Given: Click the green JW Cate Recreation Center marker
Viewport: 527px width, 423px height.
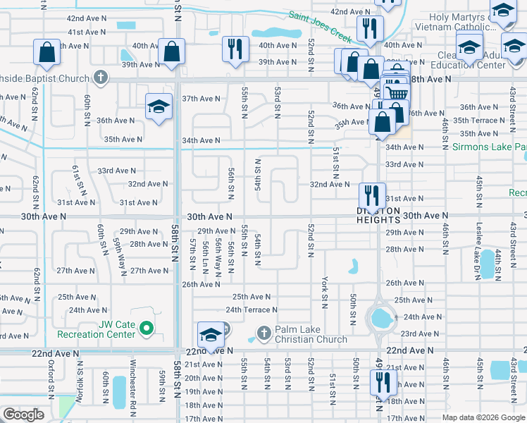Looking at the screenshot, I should click(147, 328).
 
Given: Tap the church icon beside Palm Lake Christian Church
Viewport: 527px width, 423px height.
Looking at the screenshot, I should click(263, 332).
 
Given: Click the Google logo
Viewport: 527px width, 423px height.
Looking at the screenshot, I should click(23, 414).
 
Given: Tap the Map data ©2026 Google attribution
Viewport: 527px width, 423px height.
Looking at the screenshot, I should click(483, 417).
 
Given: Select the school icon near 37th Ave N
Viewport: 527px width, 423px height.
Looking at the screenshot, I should click(159, 107).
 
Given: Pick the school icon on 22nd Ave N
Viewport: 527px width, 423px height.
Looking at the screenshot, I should click(211, 335).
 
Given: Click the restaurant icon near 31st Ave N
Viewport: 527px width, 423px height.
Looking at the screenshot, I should click(371, 195).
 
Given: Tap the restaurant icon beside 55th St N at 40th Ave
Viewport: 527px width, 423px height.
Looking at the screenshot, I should click(235, 49).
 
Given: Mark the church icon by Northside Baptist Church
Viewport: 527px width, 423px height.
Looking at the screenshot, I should click(101, 76).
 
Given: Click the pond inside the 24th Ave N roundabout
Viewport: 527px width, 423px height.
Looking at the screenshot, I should click(380, 319).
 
